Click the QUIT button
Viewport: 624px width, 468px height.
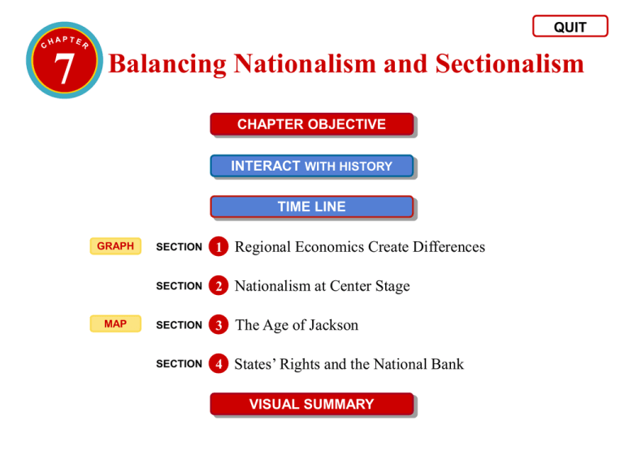(x=570, y=27)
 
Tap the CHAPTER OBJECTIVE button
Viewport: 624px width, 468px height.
(x=311, y=124)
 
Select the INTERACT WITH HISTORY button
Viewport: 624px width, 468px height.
(x=311, y=166)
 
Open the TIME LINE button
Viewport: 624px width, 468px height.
(x=311, y=207)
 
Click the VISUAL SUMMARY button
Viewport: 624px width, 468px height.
(x=311, y=404)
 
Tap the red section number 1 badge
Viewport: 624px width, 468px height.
(x=217, y=246)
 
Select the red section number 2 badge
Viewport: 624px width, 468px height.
(x=217, y=286)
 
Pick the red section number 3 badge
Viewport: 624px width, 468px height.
(x=217, y=325)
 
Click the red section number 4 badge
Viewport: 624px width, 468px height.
(x=217, y=364)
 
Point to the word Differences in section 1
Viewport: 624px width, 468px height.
(x=440, y=246)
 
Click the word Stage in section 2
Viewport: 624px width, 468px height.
(x=391, y=286)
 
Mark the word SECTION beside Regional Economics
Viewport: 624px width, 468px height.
(x=179, y=247)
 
